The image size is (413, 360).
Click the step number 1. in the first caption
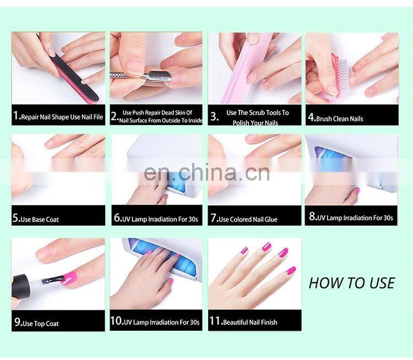(17, 116)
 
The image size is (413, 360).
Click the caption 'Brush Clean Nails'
(339, 118)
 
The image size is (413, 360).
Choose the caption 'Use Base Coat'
(40, 220)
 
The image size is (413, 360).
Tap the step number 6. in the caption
(117, 218)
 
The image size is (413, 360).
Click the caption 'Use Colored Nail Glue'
(248, 220)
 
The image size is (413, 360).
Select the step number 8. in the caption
(312, 217)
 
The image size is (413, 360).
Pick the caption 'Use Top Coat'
(40, 324)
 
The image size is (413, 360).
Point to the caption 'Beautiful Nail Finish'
(250, 322)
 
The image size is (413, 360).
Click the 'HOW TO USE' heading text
(351, 283)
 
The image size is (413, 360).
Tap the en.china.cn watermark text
(206, 172)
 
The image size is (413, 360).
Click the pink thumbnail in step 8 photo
(356, 191)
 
